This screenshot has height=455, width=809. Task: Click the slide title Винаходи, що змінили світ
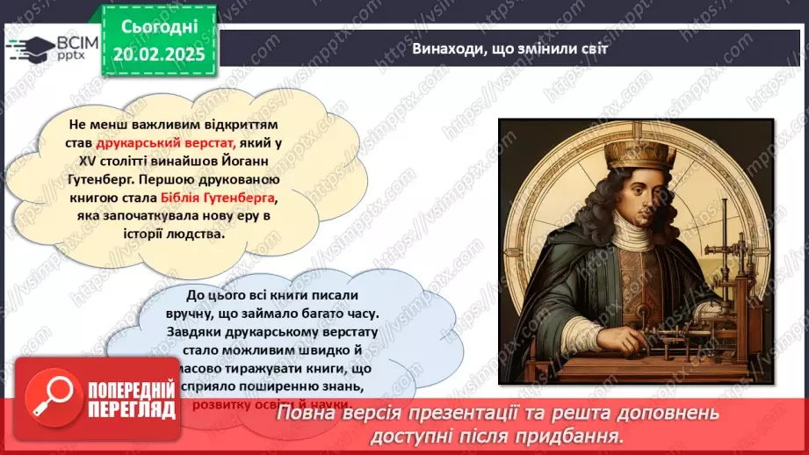coord(509,49)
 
